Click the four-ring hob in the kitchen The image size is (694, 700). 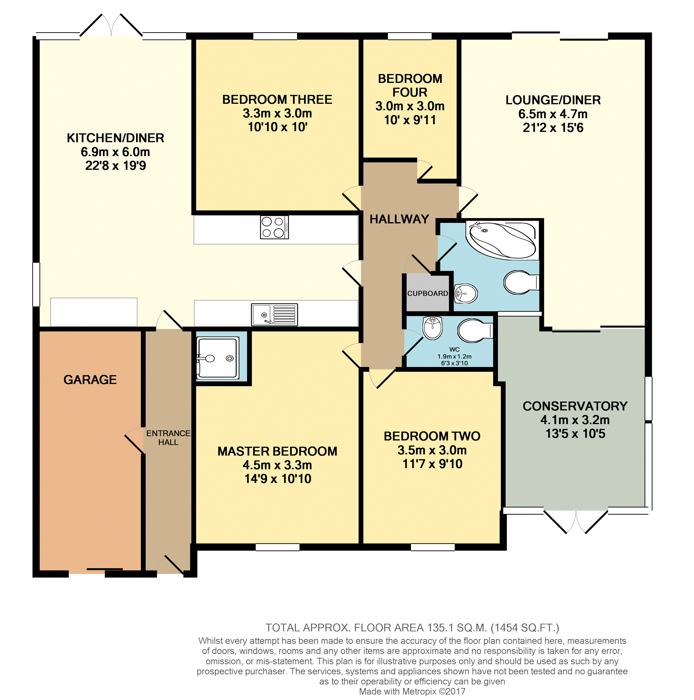click(275, 227)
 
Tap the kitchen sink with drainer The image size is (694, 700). click(275, 314)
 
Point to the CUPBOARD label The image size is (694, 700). click(427, 293)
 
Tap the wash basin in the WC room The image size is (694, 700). click(433, 327)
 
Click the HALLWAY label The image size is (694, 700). click(399, 219)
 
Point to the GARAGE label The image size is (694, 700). click(90, 380)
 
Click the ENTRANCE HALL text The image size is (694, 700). click(168, 438)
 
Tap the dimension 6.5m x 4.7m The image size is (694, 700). click(552, 114)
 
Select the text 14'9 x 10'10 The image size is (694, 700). click(278, 479)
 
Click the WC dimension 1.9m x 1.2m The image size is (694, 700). click(454, 357)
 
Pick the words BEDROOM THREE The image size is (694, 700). click(277, 100)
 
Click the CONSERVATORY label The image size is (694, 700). click(575, 406)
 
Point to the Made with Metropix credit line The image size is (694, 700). click(412, 692)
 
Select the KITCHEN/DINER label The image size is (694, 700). click(115, 138)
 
